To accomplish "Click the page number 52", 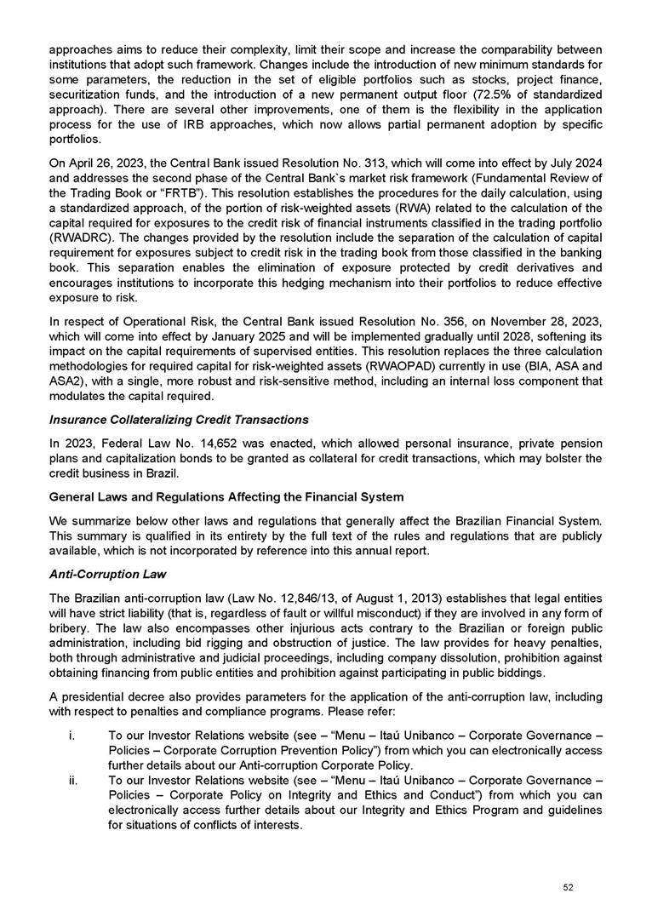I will (x=569, y=886).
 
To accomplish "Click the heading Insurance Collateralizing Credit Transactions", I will (x=179, y=420).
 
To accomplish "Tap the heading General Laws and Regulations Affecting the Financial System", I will (x=226, y=495).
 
